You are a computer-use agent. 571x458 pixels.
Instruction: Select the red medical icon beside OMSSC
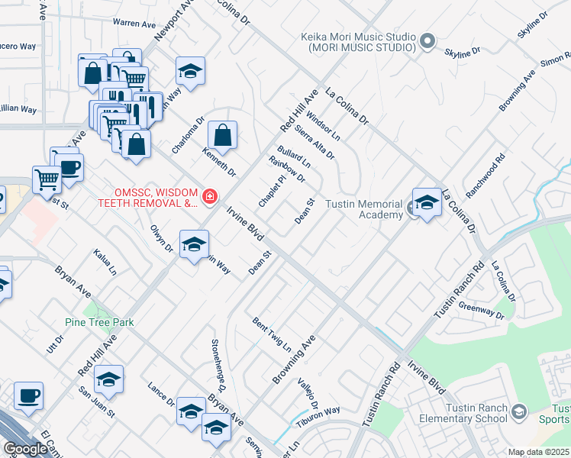coord(209,198)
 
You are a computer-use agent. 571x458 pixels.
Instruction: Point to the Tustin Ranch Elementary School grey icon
coord(519,412)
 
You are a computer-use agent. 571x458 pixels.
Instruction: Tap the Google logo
coord(25,449)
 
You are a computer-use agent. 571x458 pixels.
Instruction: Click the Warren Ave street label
coord(134,24)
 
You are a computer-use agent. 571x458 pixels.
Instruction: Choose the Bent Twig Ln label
coord(273,334)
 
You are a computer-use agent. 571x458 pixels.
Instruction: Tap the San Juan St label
coord(97,402)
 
